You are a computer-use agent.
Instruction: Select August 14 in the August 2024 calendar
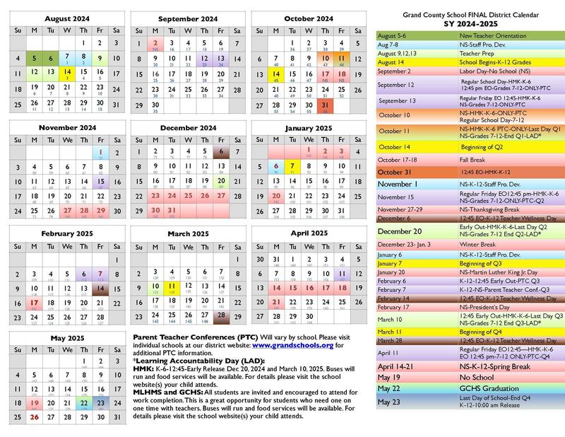(66, 73)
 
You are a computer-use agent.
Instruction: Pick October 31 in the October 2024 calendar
(326, 105)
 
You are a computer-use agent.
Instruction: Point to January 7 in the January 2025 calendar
(292, 166)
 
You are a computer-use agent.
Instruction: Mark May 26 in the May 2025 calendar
(33, 416)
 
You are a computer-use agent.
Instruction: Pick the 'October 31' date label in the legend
(393, 173)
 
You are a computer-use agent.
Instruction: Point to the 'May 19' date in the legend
(388, 378)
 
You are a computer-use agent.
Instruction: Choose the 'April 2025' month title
(308, 233)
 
